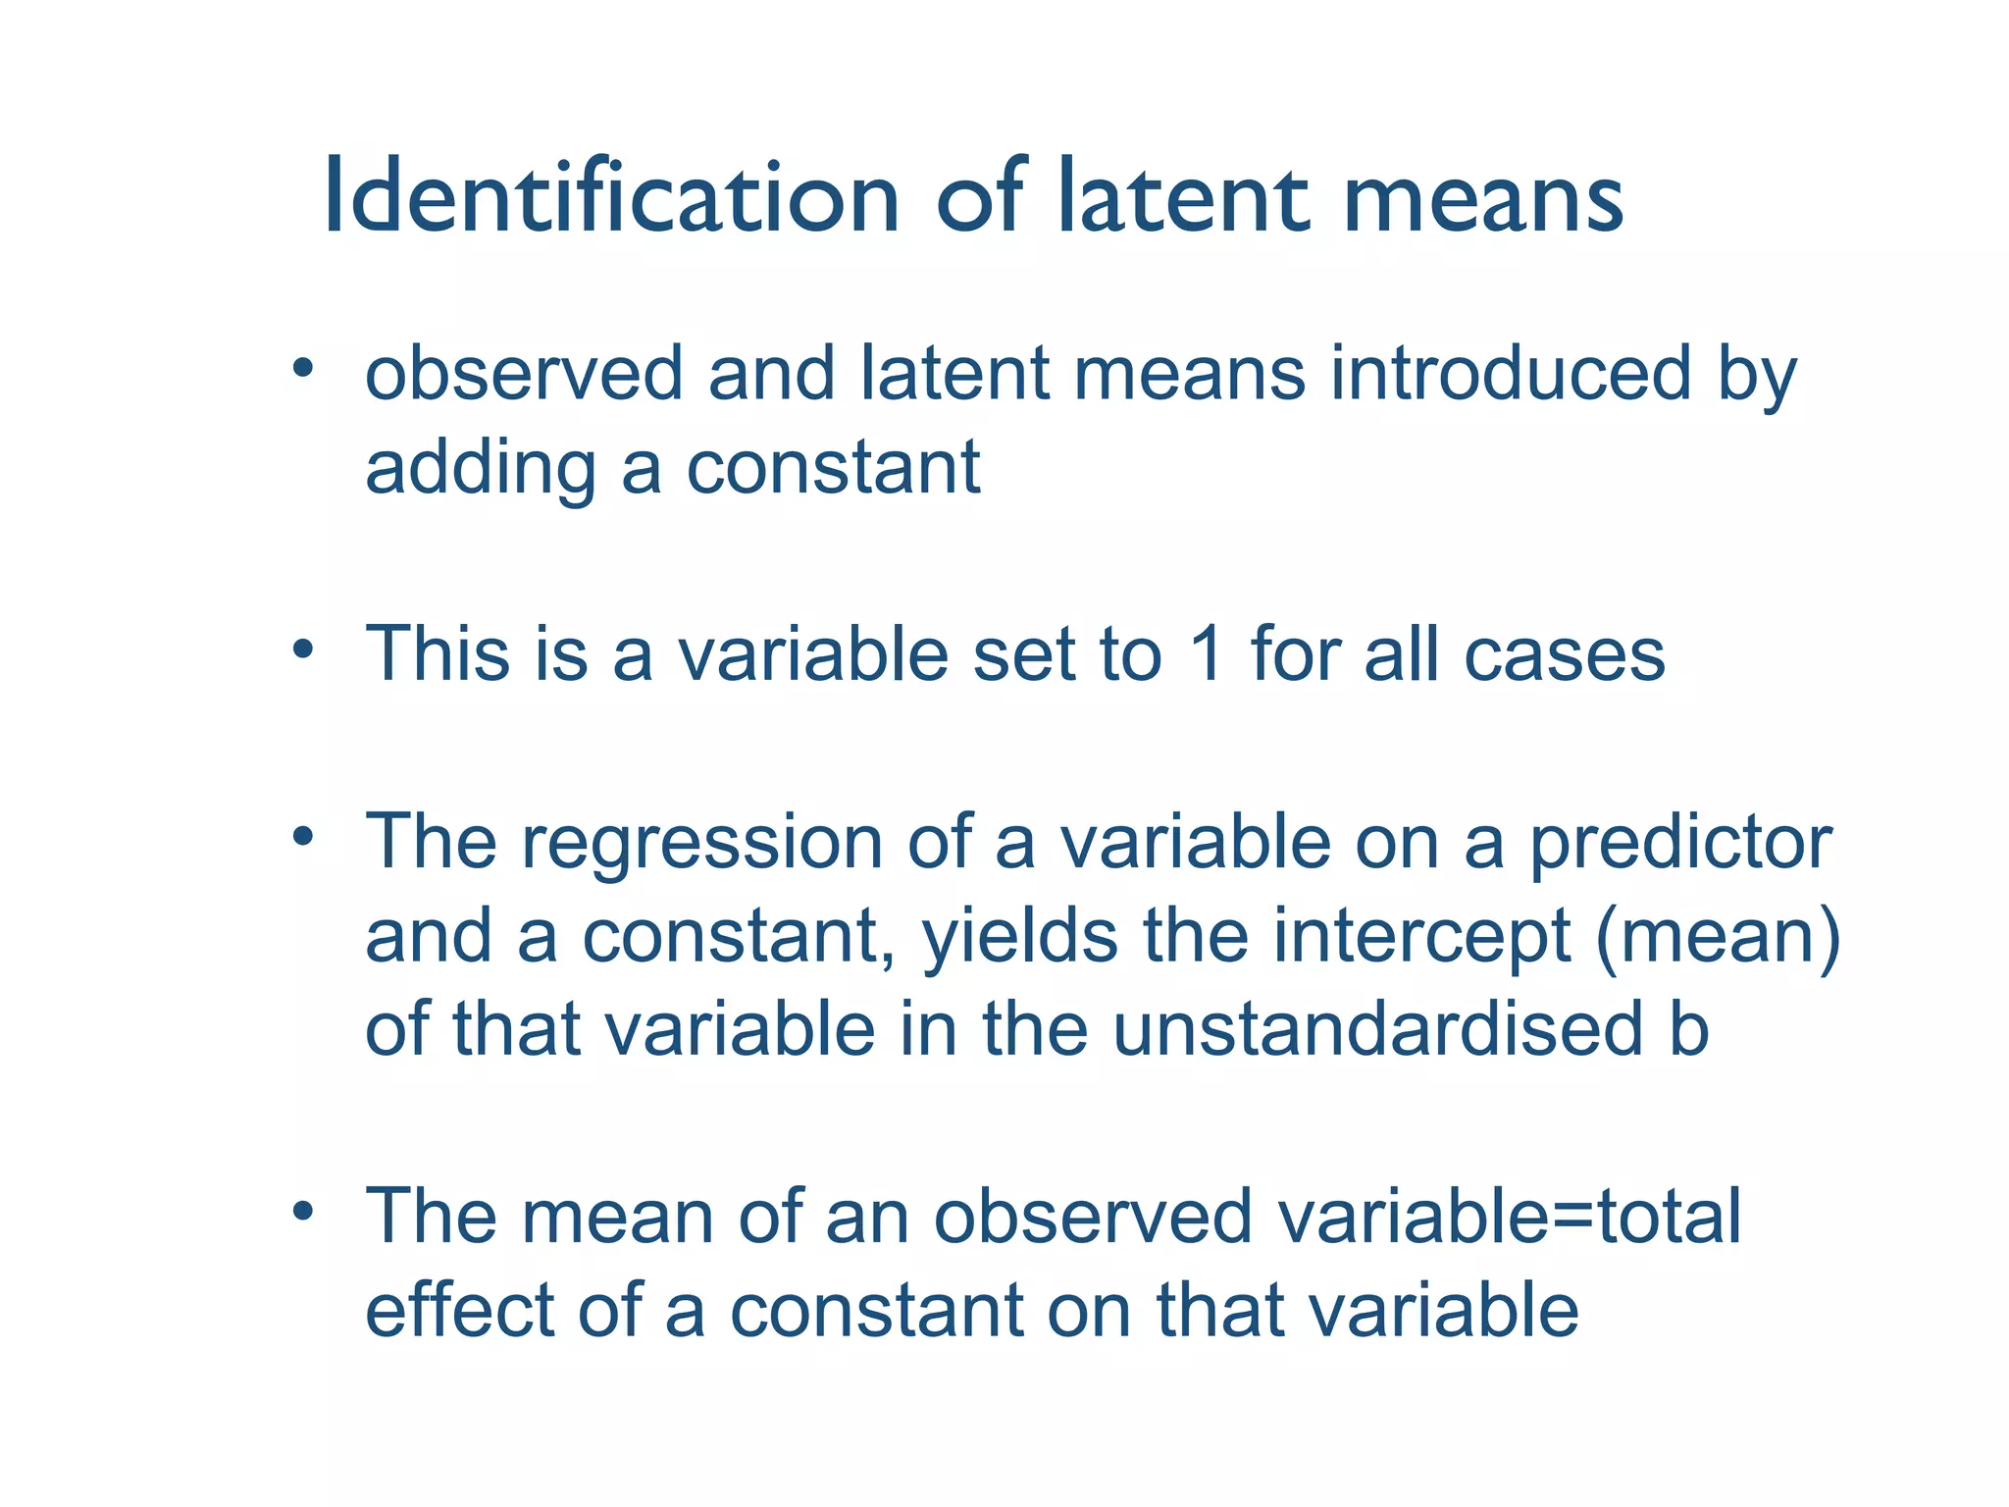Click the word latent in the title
coord(1183,198)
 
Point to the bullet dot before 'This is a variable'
coord(303,650)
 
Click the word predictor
coord(1680,842)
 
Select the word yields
coord(1020,937)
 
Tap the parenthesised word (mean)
coord(1719,936)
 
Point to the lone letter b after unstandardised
coord(1688,1029)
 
